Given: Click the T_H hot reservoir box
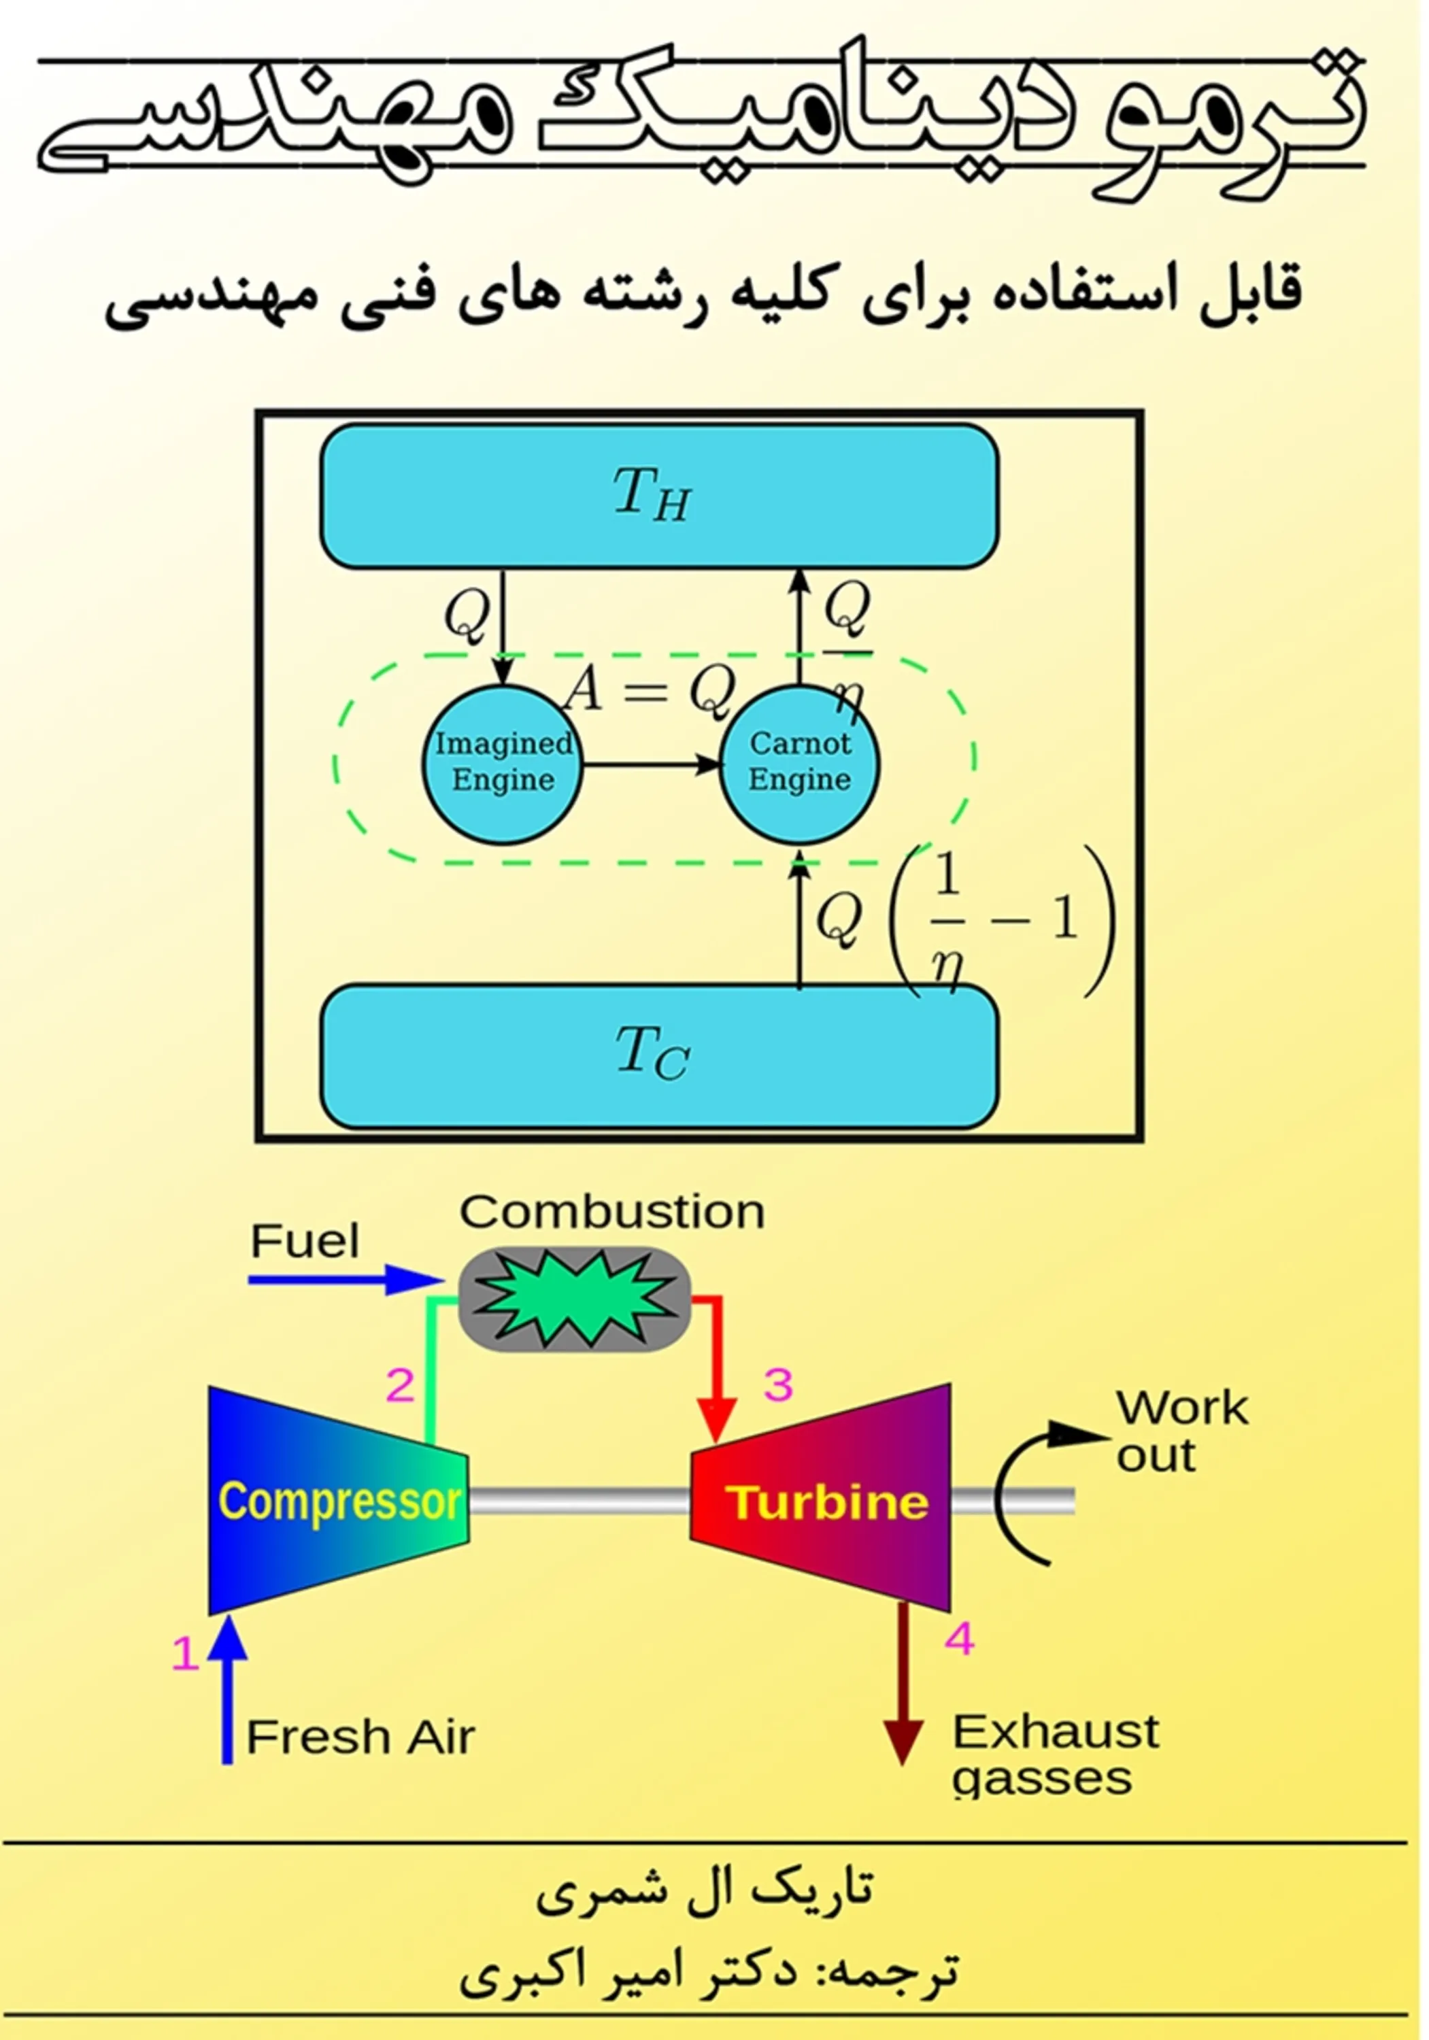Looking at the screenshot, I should (x=658, y=496).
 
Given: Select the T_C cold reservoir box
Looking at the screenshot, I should (x=658, y=1055).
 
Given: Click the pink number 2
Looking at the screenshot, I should (x=400, y=1385).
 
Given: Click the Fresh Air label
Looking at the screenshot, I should (x=360, y=1737).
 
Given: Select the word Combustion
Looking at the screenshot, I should (x=611, y=1212).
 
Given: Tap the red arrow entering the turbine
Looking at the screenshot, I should (x=716, y=1368).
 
